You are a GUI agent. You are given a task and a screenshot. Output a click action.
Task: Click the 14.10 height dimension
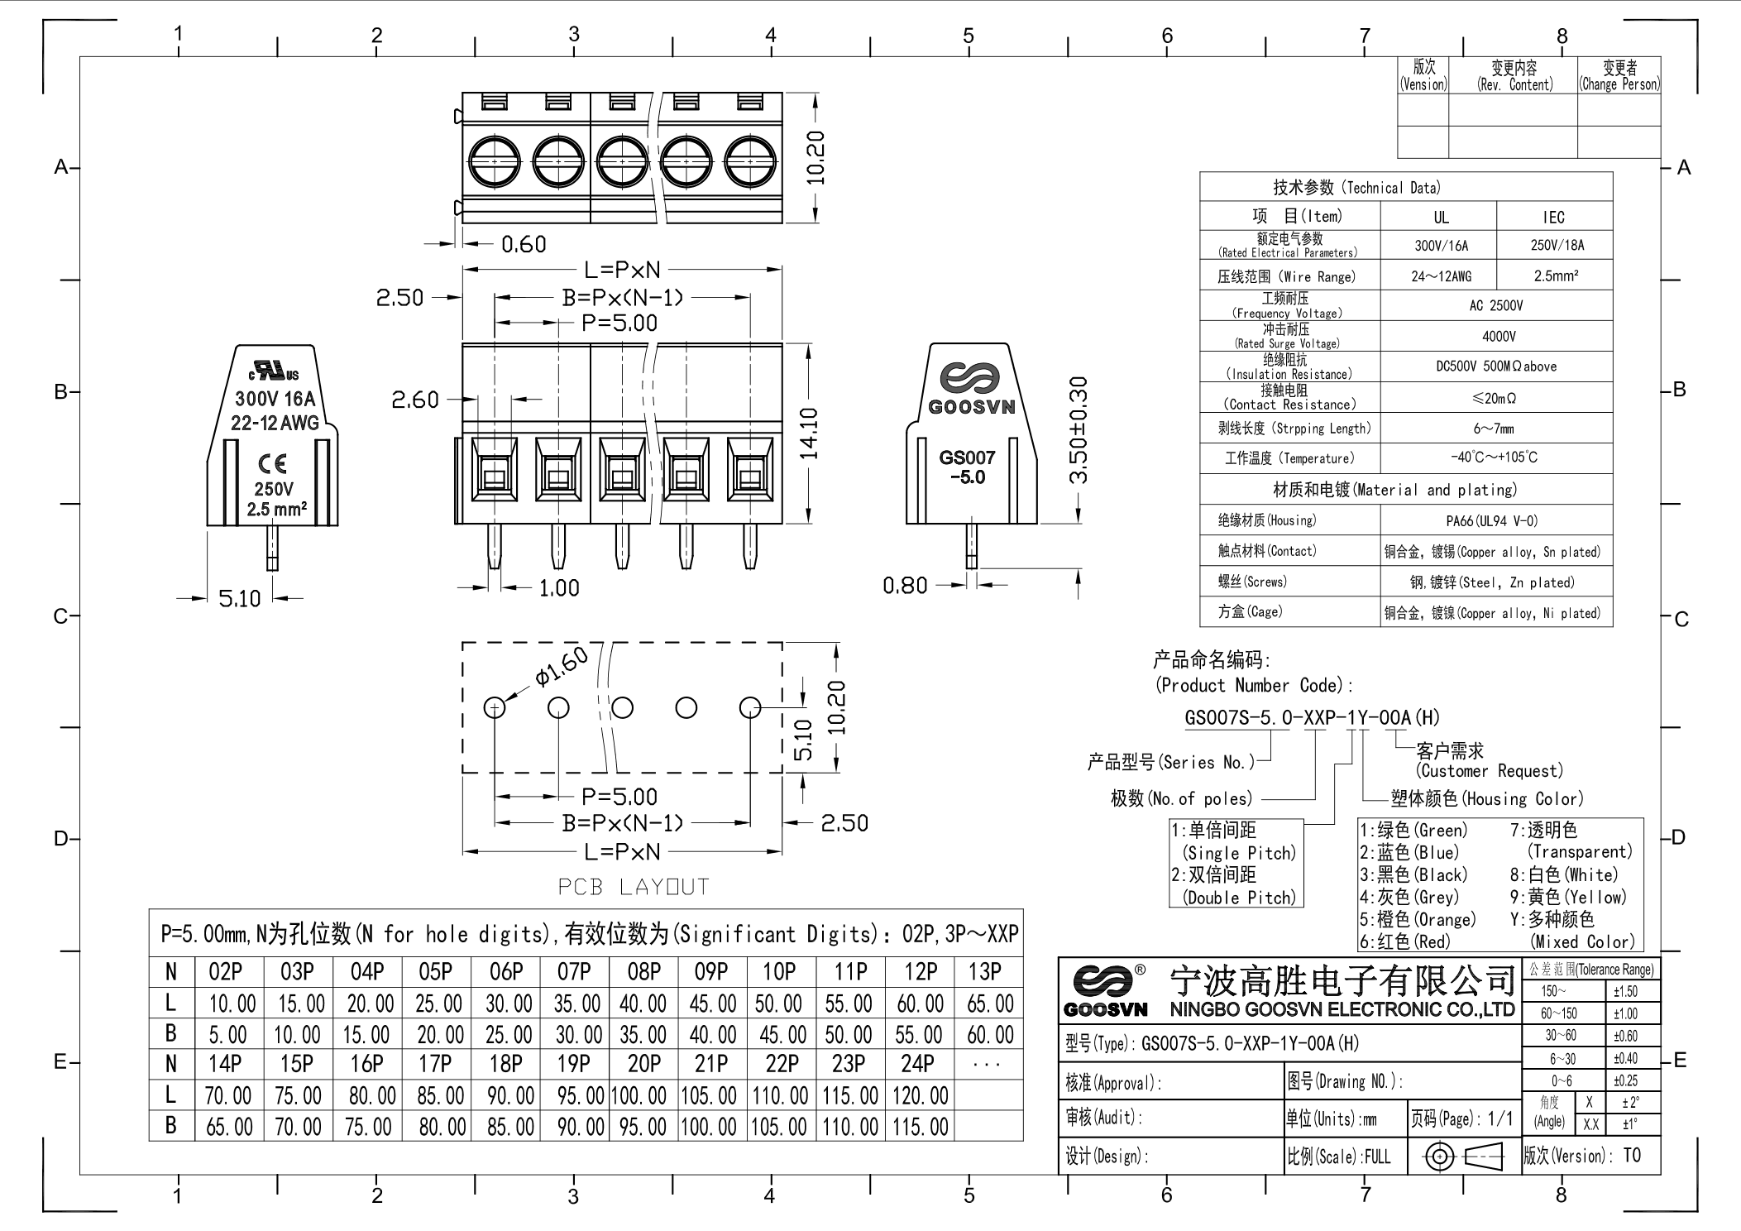tap(809, 433)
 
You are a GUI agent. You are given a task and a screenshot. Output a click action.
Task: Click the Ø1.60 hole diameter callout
tap(562, 667)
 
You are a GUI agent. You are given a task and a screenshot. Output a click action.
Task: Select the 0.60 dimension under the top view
tap(524, 245)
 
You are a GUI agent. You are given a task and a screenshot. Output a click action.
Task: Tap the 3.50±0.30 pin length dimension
tap(1079, 430)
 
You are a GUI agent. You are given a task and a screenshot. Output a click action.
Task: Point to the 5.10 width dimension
tap(239, 599)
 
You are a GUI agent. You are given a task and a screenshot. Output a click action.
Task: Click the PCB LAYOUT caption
tap(634, 888)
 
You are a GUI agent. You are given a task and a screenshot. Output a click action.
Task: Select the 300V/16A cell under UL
tap(1441, 246)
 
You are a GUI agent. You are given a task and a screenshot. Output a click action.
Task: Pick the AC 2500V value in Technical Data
tap(1496, 306)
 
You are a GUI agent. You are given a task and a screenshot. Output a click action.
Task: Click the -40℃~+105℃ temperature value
tap(1495, 457)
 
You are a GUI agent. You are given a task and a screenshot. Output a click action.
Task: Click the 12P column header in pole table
tap(920, 972)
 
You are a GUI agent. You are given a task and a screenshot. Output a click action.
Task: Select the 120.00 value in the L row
tap(920, 1096)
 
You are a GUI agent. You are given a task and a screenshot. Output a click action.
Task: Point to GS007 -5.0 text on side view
tap(967, 467)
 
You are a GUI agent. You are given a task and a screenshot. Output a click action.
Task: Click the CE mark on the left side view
tap(272, 463)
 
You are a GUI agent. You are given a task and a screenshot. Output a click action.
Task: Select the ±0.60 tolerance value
tap(1625, 1036)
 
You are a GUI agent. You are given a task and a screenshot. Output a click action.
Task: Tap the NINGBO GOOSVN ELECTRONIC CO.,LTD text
tap(1342, 1010)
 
